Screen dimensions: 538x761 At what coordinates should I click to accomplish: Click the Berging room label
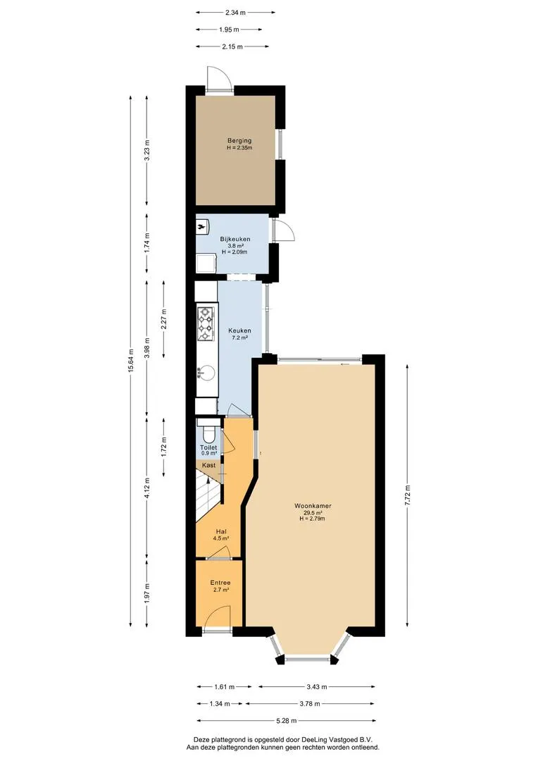tap(239, 141)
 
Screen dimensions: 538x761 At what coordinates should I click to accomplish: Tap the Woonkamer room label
tap(313, 506)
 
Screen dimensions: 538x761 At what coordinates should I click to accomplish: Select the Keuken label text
tap(239, 330)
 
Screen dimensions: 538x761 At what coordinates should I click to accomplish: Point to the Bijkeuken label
tap(235, 239)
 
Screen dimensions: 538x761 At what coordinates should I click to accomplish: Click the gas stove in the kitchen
tap(206, 323)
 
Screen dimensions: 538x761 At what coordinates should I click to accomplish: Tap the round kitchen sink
tap(206, 373)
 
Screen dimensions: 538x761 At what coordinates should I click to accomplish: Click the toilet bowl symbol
tap(208, 431)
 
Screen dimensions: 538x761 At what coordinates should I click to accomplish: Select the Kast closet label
tap(209, 465)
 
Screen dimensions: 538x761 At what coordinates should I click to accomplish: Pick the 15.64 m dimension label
tap(130, 361)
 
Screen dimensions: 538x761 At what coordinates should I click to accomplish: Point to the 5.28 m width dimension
tap(286, 721)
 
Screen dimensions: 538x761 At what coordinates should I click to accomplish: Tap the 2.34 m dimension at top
tap(236, 13)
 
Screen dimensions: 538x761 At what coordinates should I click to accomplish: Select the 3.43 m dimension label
tap(316, 687)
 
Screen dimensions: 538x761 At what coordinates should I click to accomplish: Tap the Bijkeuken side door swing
tap(283, 229)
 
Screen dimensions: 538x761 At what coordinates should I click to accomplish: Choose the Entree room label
tap(220, 583)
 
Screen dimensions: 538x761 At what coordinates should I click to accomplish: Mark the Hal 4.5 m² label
tap(220, 535)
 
